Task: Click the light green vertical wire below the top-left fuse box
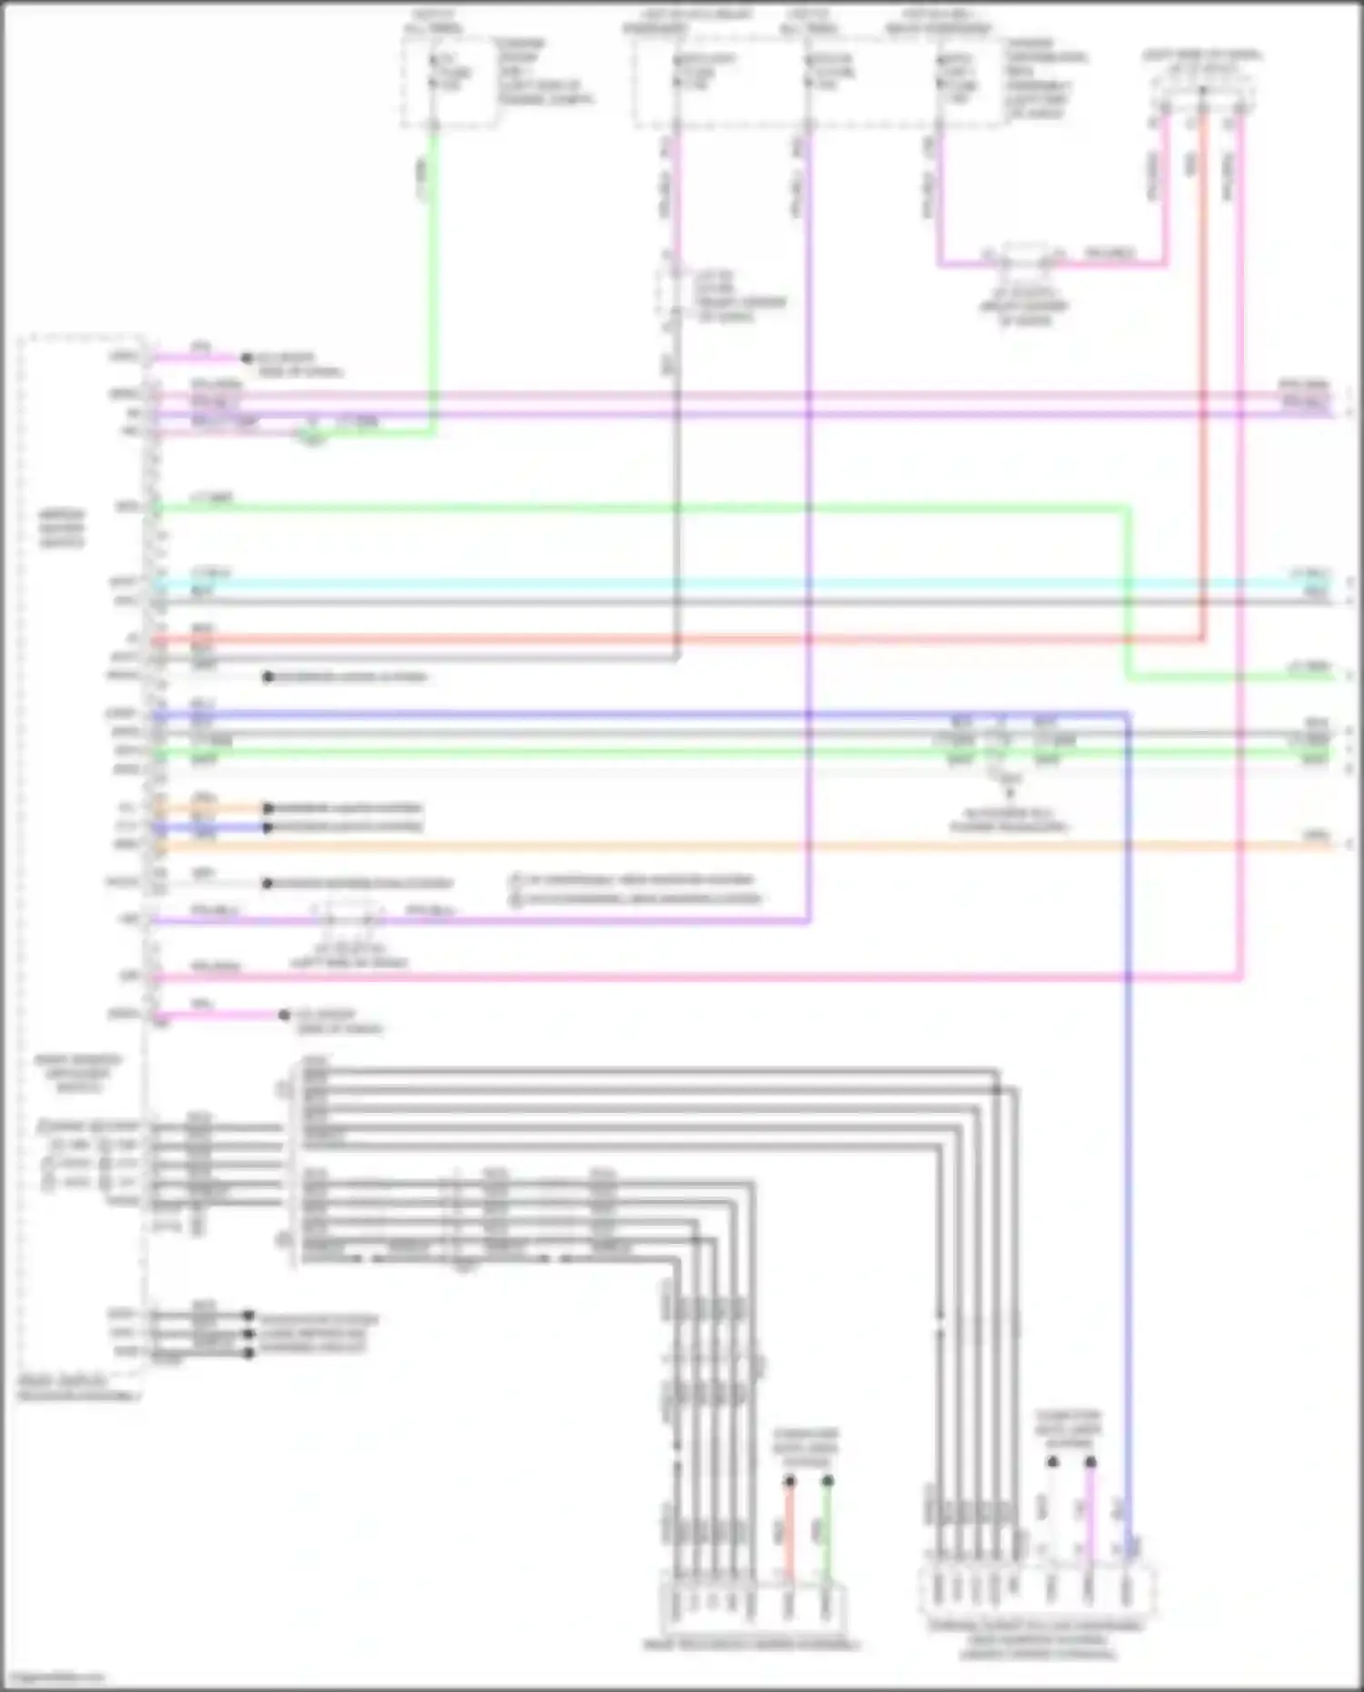click(x=434, y=273)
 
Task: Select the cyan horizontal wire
click(x=727, y=583)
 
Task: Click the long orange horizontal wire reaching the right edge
click(x=727, y=846)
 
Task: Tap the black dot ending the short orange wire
click(x=268, y=808)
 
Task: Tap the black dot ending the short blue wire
click(x=268, y=827)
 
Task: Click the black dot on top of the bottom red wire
click(x=789, y=1481)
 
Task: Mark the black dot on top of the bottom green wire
click(x=827, y=1481)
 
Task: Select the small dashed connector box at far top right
click(x=1202, y=91)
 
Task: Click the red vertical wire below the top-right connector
click(x=1202, y=364)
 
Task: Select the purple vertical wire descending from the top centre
click(x=807, y=455)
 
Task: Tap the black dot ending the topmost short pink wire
click(x=246, y=358)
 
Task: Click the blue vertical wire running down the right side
click(x=1128, y=1182)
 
